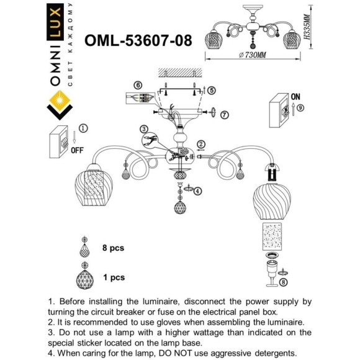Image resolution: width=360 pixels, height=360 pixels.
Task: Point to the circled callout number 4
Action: [x=198, y=191]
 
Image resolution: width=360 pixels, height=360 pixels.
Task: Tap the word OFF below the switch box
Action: [x=77, y=150]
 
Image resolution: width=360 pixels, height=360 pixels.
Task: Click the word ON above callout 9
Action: [x=295, y=97]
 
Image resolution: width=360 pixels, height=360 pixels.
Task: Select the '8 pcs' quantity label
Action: [x=113, y=248]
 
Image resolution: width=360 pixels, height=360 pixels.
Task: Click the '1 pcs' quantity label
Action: [x=113, y=277]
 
